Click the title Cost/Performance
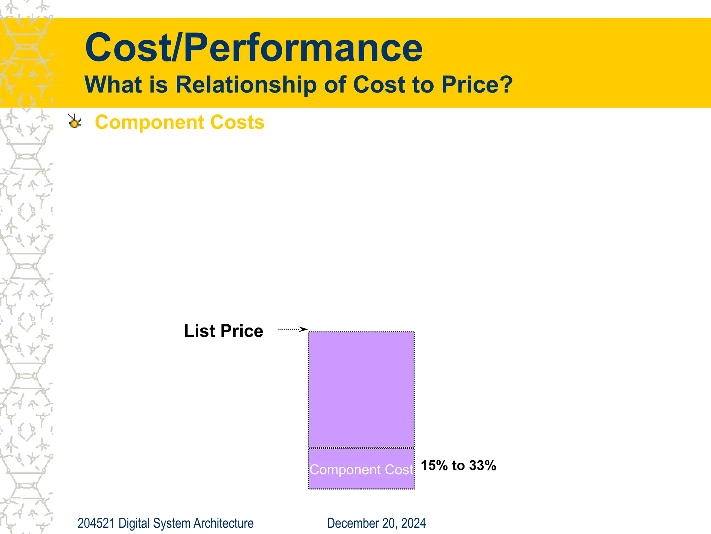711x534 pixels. point(253,48)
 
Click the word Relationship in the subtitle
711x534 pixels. point(246,84)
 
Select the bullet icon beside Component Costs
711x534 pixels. point(74,121)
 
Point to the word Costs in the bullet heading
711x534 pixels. point(237,122)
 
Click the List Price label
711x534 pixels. point(223,331)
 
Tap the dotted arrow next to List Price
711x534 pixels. point(292,329)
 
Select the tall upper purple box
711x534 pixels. point(361,389)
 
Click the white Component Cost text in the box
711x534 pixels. point(361,470)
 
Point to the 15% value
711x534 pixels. point(434,466)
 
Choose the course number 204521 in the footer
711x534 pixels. point(96,523)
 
